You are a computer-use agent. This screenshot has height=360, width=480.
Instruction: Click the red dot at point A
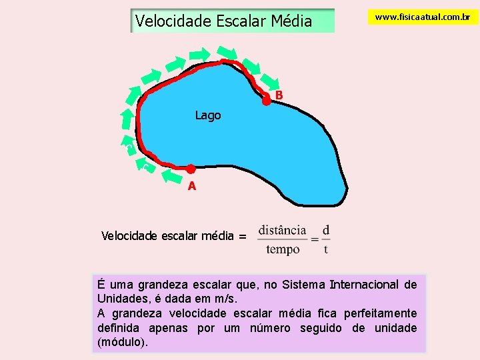point(190,169)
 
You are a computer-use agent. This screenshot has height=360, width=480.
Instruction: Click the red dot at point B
point(266,101)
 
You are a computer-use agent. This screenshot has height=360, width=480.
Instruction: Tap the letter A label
point(192,186)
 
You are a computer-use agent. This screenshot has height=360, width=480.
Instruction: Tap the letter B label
point(279,95)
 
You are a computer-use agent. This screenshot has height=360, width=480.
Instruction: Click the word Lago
point(207,115)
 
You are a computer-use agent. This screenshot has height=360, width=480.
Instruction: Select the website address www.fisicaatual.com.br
point(423,17)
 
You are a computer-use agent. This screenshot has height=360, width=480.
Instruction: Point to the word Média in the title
point(291,21)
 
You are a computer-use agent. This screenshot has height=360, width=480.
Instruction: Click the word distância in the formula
point(282,230)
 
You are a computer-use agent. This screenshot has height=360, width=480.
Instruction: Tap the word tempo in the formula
point(283,250)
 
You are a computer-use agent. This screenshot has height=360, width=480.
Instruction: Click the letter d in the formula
point(325,230)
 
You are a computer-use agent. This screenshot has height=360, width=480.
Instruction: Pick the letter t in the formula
point(325,250)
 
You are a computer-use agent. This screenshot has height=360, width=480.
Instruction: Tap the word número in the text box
point(271,327)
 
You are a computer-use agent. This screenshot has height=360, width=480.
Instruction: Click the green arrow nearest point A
point(171,177)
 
